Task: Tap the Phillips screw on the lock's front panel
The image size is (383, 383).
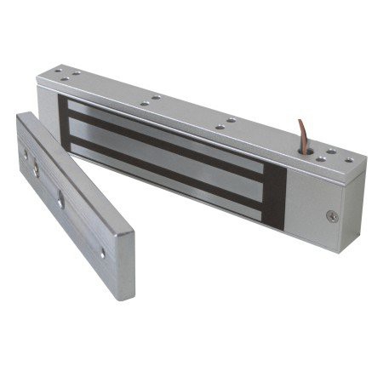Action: (332, 216)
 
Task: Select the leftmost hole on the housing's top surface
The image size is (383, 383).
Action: (57, 71)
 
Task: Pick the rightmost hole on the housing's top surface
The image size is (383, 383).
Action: (349, 159)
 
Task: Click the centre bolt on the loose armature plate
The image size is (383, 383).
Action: (60, 202)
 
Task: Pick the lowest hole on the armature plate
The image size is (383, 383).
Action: (103, 253)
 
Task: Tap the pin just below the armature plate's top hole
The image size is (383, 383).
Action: (36, 171)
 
